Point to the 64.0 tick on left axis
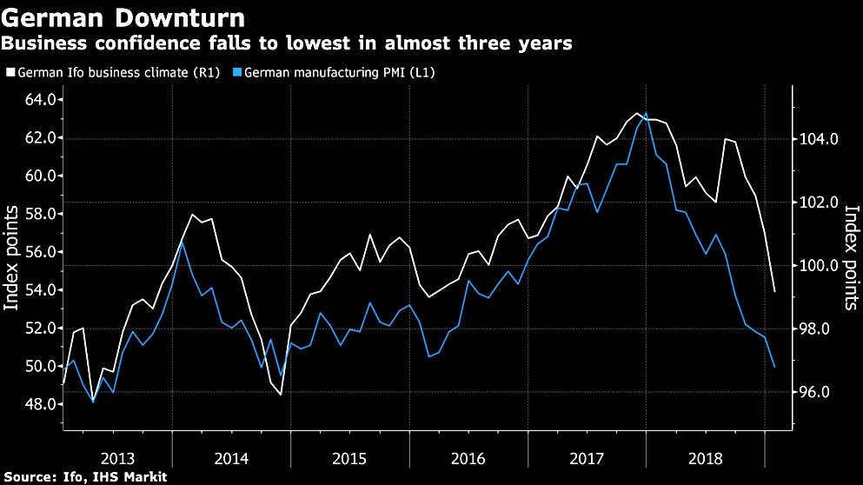38,100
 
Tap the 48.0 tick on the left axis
38,404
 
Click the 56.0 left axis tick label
38,252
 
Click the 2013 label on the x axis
117,458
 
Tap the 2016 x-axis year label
469,458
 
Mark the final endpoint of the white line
774,291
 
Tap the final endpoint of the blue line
774,367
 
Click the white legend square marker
10,73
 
